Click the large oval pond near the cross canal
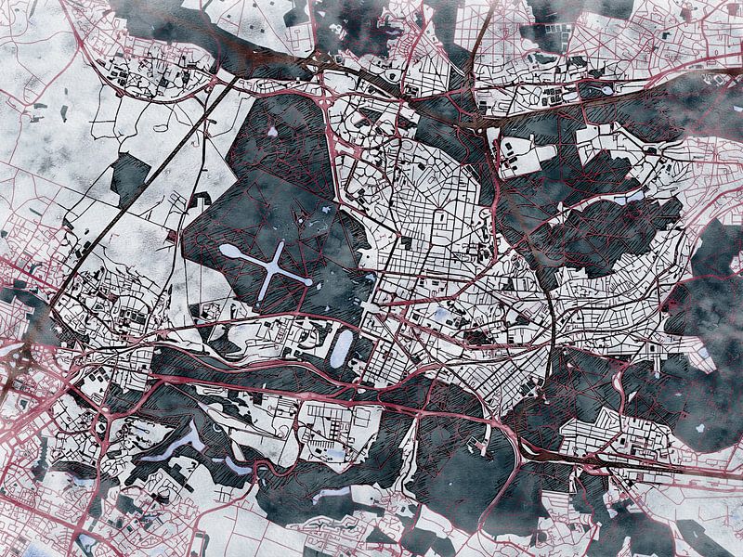[341, 347]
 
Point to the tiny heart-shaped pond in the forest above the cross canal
[271, 132]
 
